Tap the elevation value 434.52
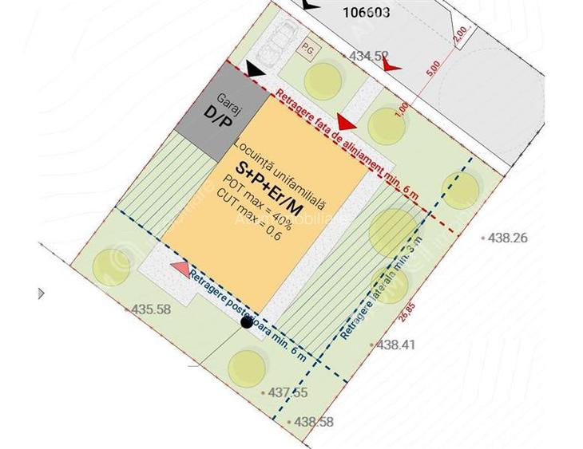pyautogui.click(x=369, y=56)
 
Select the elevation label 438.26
pyautogui.click(x=509, y=238)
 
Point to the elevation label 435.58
pyautogui.click(x=151, y=309)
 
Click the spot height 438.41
pyautogui.click(x=396, y=345)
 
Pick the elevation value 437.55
pyautogui.click(x=288, y=392)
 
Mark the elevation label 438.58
pyautogui.click(x=314, y=422)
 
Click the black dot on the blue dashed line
pyautogui.click(x=247, y=321)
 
